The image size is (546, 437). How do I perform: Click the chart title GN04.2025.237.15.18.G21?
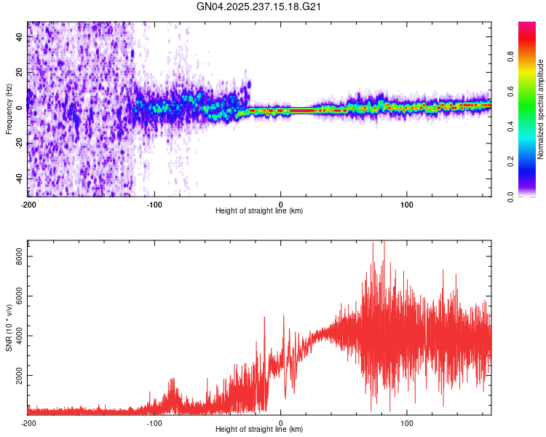[260, 7]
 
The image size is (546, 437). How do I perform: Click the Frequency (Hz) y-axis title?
[9, 109]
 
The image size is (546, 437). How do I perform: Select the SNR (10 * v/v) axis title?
[9, 327]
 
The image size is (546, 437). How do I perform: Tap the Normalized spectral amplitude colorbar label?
[541, 109]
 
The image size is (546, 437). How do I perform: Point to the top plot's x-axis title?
[259, 210]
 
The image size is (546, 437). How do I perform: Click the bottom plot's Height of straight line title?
[259, 429]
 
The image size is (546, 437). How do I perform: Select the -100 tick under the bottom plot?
[154, 422]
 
